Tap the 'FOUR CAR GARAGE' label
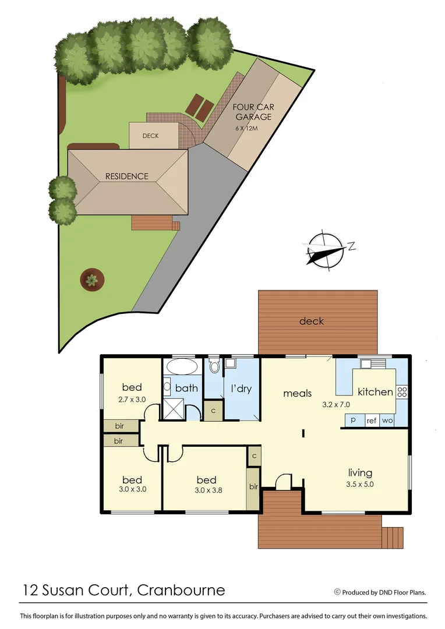pos(253,112)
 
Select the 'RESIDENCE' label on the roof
pos(126,176)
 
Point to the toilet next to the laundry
pos(214,366)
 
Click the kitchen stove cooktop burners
pos(402,392)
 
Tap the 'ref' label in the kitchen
pos(371,420)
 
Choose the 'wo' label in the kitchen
pos(387,420)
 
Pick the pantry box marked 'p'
pos(353,420)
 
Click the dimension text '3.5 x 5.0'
pos(360,483)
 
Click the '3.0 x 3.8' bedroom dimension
pos(206,490)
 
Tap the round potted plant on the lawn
pos(91,280)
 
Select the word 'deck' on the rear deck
pos(311,321)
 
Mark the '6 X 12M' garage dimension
pos(249,127)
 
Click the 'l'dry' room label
pos(241,388)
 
